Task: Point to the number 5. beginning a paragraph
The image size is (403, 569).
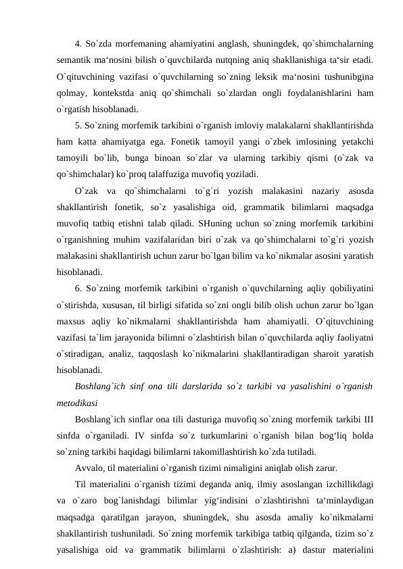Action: coord(79,126)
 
